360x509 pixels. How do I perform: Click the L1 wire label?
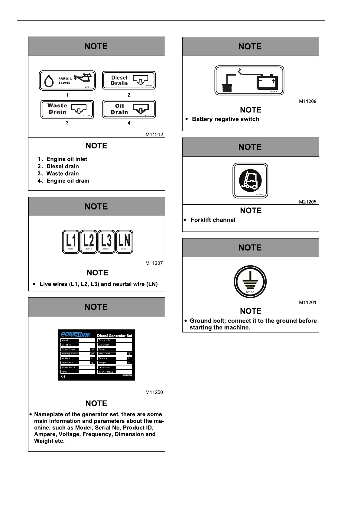point(71,242)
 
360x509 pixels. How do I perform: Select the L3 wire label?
point(106,242)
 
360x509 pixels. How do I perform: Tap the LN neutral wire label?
point(124,242)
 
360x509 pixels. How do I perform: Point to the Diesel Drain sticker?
point(129,80)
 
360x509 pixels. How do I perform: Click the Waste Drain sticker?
point(67,109)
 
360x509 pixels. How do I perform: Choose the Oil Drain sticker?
point(129,109)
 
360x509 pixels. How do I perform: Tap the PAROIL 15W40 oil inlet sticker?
point(67,80)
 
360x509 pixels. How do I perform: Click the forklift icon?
point(250,180)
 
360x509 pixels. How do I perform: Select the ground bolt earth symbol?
point(250,282)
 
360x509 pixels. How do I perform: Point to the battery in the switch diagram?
point(267,82)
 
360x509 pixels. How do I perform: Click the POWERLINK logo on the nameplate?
point(76,335)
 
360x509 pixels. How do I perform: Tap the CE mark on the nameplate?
point(63,377)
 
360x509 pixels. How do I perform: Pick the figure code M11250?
point(154,392)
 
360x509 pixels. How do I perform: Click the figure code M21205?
point(308,202)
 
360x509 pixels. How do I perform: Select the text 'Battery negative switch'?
point(225,119)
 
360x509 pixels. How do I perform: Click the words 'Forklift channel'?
point(213,220)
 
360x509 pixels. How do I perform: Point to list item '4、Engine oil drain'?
point(63,181)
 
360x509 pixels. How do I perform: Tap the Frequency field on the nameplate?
point(70,363)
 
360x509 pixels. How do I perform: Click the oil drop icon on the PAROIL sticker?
point(49,81)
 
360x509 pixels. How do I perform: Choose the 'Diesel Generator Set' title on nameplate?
point(115,336)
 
